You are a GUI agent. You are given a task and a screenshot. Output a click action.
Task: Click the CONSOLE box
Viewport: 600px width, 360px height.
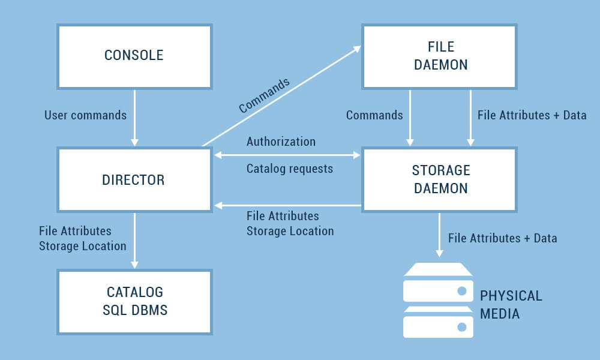click(x=134, y=56)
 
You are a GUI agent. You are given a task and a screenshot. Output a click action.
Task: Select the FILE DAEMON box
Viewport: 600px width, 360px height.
click(x=439, y=56)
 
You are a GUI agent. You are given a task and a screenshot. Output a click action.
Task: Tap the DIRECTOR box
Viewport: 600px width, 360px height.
click(x=134, y=179)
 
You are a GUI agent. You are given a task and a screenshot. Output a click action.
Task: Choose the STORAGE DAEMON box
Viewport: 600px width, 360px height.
click(x=439, y=179)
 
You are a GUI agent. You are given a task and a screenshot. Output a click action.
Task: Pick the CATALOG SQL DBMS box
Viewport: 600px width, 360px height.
click(x=134, y=301)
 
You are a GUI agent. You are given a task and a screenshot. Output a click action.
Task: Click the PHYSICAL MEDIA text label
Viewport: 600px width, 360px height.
click(x=511, y=305)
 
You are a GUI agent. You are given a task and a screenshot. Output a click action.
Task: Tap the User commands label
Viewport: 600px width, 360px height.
click(x=85, y=115)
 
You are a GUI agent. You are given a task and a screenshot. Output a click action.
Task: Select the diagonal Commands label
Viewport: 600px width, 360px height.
click(x=264, y=95)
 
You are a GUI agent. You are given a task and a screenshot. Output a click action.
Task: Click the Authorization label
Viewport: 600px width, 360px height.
click(x=281, y=142)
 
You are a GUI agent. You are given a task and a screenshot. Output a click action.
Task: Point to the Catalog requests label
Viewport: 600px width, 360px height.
click(x=289, y=169)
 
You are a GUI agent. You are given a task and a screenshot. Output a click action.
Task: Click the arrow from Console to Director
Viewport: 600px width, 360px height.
click(x=134, y=118)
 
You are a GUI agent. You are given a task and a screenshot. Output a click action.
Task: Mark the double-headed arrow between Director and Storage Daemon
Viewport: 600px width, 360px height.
click(x=287, y=155)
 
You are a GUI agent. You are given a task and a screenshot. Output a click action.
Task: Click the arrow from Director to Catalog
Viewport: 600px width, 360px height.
click(x=134, y=240)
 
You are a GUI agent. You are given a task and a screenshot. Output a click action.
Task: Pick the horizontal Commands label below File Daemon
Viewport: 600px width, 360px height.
click(x=374, y=115)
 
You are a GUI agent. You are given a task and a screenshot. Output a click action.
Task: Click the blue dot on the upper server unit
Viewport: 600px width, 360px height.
click(x=462, y=290)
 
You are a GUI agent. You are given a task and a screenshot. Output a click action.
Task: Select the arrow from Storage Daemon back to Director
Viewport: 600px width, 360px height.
click(x=287, y=205)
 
